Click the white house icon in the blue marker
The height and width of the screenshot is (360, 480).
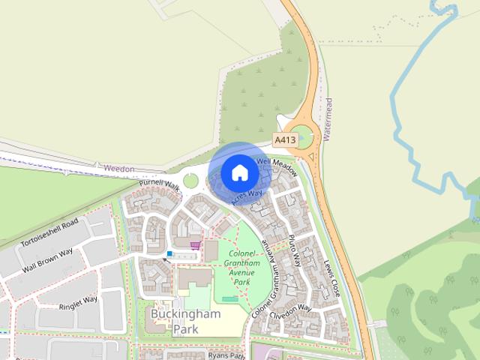239,172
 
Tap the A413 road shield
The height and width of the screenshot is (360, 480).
285,140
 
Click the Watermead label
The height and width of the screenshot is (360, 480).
328,119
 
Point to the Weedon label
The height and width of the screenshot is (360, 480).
119,169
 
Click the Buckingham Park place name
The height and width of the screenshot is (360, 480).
185,321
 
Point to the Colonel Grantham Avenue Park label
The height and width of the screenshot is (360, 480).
244,268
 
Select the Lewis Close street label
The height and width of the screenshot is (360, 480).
331,277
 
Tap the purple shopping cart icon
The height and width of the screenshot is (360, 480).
196,244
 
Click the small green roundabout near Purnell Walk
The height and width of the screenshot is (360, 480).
190,181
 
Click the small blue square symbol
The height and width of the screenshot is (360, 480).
170,254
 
